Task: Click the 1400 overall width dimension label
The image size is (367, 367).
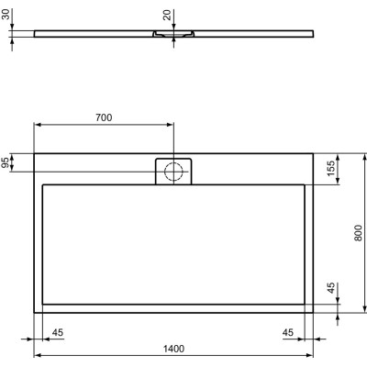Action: pos(174,348)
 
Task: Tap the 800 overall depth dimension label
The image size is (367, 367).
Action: pos(358,233)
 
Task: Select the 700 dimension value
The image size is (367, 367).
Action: pos(104,117)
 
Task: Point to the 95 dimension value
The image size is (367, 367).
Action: pos(6,162)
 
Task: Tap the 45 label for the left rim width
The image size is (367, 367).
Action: pos(57,332)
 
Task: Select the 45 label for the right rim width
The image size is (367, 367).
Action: pos(288,332)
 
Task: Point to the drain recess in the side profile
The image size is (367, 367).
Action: pos(173,36)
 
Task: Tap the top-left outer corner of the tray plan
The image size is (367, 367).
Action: pos(34,153)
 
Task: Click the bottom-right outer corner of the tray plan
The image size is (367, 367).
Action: pos(313,313)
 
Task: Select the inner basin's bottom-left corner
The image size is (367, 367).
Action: pos(43,304)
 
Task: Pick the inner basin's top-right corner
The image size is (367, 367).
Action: pos(304,184)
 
